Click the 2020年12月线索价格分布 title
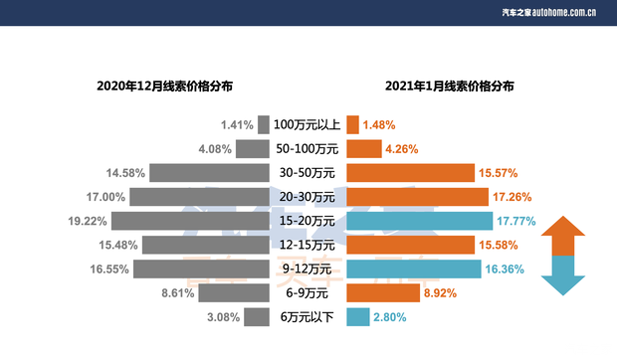(165, 87)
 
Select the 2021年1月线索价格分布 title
(450, 87)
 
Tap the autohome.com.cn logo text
(548, 12)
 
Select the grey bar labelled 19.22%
(190, 221)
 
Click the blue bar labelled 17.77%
(419, 221)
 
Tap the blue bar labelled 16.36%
(413, 270)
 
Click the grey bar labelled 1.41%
(264, 124)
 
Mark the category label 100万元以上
(307, 125)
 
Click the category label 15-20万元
(307, 221)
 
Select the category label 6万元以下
(307, 317)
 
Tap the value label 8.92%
(441, 293)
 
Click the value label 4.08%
(215, 149)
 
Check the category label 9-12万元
(307, 270)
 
